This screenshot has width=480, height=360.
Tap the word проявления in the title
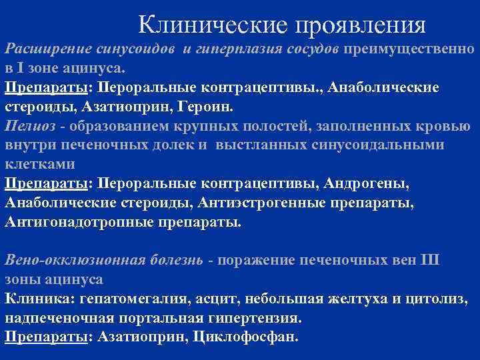360,25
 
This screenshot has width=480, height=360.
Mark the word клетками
39,163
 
